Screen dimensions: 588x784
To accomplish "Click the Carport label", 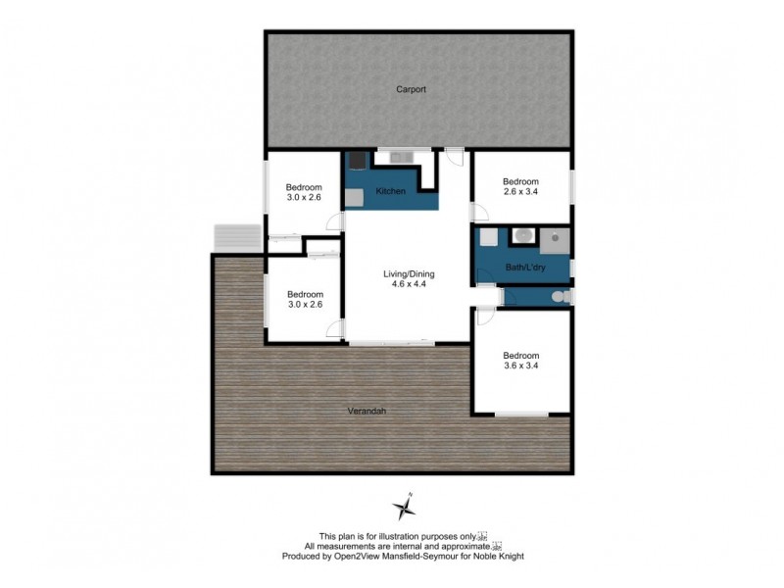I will click(411, 89).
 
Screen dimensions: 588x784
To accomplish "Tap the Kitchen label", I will click(390, 191).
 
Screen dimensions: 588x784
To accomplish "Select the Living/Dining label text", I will click(408, 273).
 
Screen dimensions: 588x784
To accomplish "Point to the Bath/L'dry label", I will click(524, 268).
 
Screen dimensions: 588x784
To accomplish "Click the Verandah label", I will click(367, 411).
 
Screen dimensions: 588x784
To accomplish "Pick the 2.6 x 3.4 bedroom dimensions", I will click(520, 193).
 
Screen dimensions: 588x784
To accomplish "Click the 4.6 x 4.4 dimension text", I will click(408, 285).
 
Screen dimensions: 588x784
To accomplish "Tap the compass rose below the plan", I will click(404, 506).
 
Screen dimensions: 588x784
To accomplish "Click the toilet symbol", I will click(558, 296).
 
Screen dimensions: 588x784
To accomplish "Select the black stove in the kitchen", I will click(357, 162).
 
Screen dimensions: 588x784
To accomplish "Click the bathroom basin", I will click(523, 234).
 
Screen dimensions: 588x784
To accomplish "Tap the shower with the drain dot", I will click(556, 236).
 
